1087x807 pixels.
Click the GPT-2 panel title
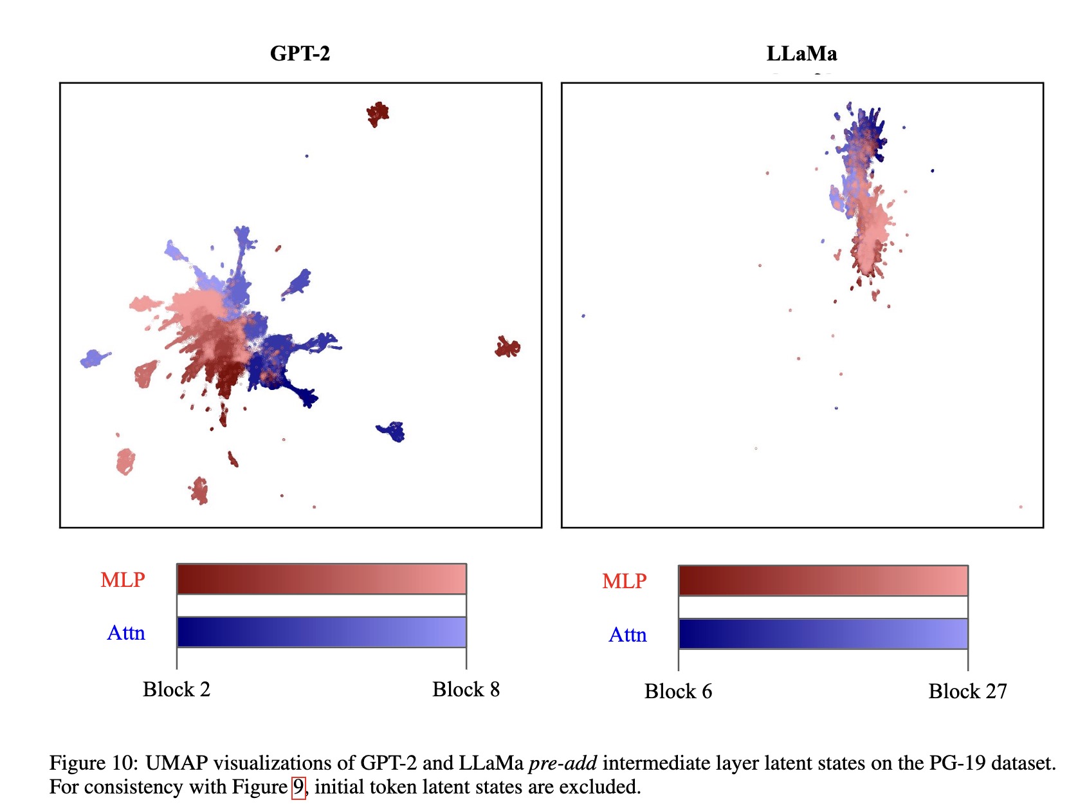(x=300, y=53)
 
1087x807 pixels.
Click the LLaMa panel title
(x=801, y=53)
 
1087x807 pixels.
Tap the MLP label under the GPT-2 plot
(x=122, y=580)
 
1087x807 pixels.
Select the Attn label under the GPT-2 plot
(x=126, y=633)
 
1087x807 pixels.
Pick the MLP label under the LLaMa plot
(x=624, y=581)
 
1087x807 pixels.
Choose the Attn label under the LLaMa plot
(x=628, y=635)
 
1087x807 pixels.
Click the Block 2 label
(x=176, y=690)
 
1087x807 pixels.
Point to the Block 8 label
(x=466, y=690)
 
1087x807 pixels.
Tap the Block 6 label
(x=678, y=692)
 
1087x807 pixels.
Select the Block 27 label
(x=967, y=692)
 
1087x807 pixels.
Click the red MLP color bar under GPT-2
(x=321, y=579)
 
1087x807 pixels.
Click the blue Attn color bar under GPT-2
(x=321, y=632)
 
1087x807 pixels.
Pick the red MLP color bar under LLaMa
(x=823, y=580)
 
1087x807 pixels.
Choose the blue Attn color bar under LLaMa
(x=823, y=634)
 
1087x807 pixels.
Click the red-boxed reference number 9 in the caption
(x=298, y=787)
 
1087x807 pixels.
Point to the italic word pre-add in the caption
(x=562, y=763)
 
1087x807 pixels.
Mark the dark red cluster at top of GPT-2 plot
(x=378, y=114)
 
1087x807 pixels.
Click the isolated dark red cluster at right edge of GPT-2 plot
(x=507, y=348)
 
